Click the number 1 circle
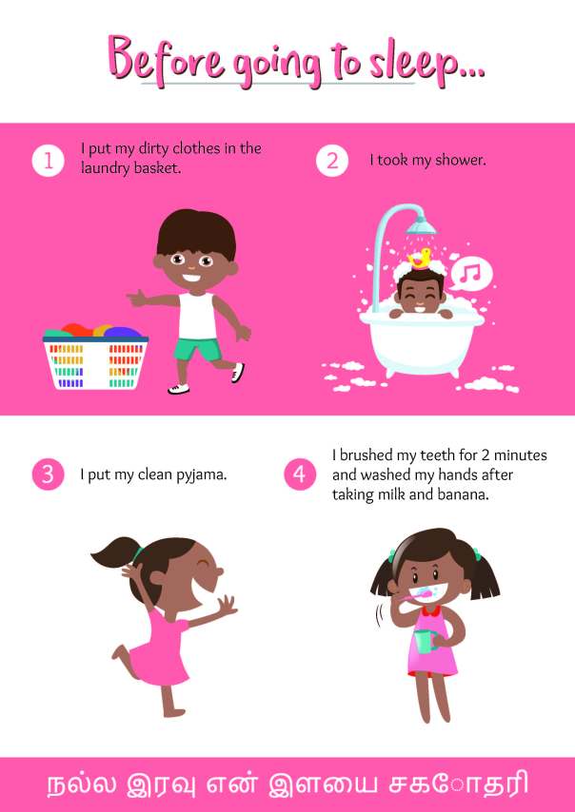pos(48,161)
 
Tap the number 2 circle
pos(332,161)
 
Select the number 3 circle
pos(48,474)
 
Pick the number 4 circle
pos(300,474)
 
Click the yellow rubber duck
pos(421,258)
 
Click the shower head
pos(421,225)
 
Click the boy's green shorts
pos(196,349)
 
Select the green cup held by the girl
pos(425,643)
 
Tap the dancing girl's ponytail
pos(114,552)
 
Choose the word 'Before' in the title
pos(167,58)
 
